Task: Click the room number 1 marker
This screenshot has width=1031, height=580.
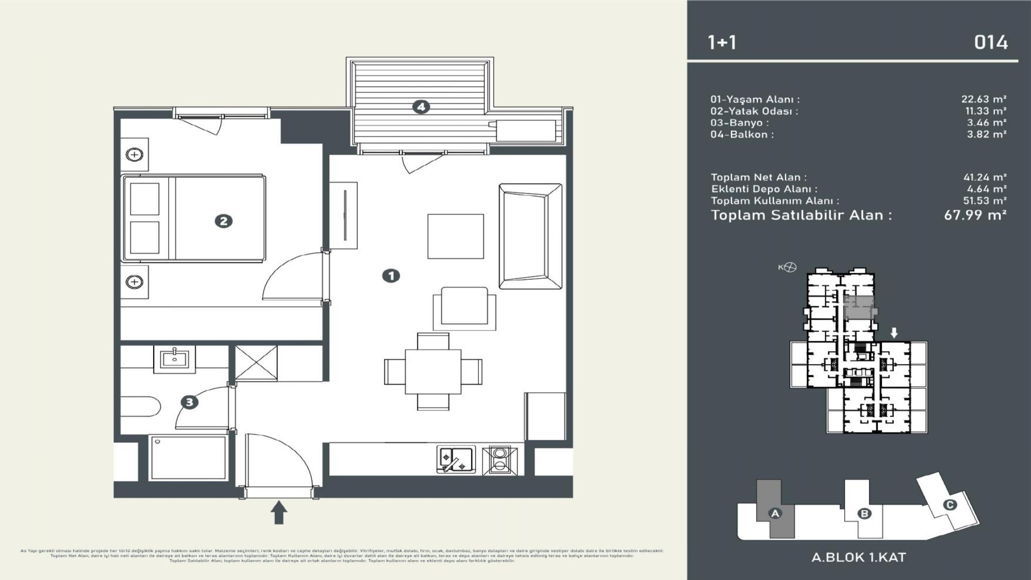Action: click(x=391, y=276)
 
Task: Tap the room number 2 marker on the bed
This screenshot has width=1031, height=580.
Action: click(x=223, y=221)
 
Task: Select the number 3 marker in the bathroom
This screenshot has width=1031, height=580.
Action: click(x=189, y=402)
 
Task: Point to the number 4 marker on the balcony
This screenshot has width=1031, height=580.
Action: click(x=421, y=107)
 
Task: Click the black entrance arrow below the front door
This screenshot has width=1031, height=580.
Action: click(x=279, y=512)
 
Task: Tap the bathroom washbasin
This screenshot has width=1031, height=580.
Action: click(x=174, y=358)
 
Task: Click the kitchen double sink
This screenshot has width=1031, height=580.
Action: click(x=456, y=459)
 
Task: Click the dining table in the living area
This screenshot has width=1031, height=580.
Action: click(x=433, y=371)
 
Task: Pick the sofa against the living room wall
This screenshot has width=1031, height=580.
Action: click(x=530, y=236)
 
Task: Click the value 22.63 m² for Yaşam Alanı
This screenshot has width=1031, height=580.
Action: click(x=984, y=99)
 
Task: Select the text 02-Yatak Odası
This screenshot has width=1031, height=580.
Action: click(x=754, y=111)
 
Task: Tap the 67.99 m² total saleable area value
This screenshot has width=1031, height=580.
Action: click(x=975, y=215)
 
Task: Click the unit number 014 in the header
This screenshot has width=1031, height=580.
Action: click(x=990, y=42)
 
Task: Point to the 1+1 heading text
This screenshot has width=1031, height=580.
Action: click(x=722, y=42)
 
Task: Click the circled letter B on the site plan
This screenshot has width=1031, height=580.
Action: click(x=864, y=513)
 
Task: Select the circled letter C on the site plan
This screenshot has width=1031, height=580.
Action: click(x=950, y=505)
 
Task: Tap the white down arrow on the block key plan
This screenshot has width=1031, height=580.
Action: click(x=894, y=333)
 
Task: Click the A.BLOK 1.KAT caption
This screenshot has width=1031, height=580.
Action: click(x=858, y=557)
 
